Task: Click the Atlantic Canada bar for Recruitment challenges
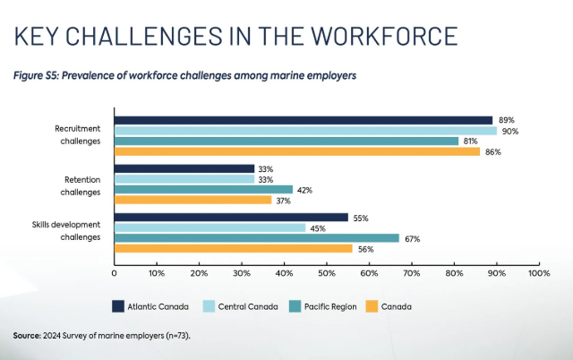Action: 304,120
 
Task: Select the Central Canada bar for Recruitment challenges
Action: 305,131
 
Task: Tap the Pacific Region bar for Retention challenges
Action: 203,189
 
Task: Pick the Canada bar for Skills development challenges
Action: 233,248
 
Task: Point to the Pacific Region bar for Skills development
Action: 256,238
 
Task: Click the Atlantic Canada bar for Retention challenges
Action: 184,168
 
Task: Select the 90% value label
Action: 509,131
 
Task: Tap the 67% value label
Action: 412,238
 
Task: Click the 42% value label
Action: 305,189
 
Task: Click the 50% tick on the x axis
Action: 326,272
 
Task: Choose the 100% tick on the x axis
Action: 539,272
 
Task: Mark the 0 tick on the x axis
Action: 115,272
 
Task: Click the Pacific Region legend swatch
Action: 296,306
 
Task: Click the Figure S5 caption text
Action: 184,75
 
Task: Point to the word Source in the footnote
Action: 27,335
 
